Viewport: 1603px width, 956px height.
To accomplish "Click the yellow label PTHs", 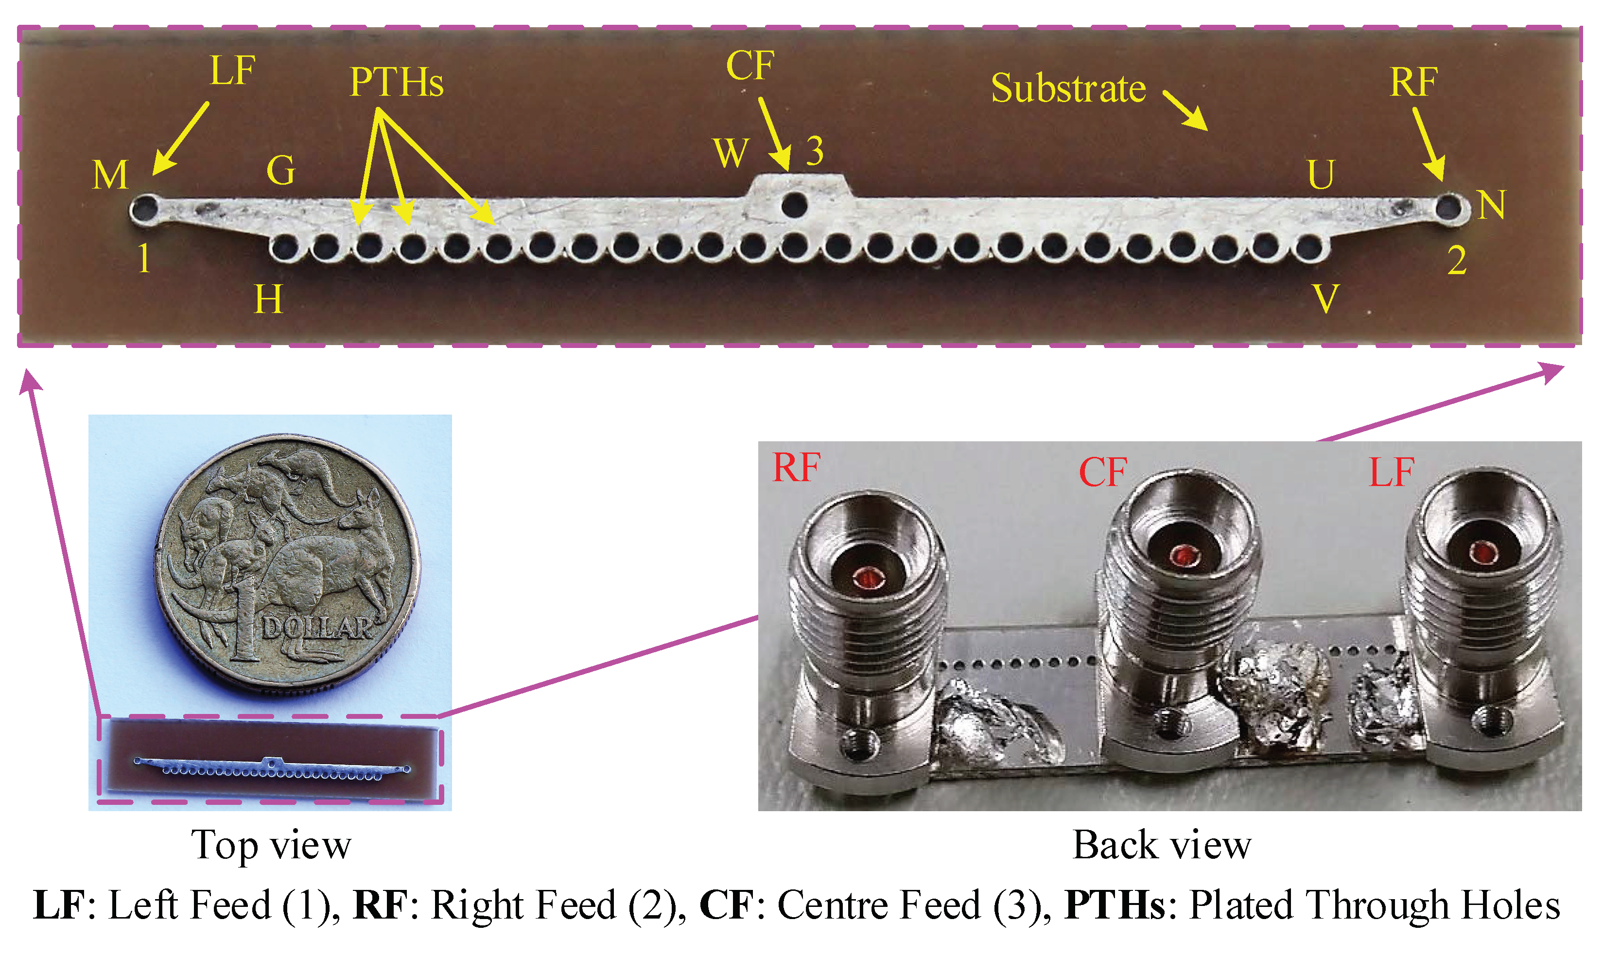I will [396, 83].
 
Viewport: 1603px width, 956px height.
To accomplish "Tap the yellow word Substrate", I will [1068, 88].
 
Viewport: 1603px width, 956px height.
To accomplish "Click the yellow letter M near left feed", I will [110, 175].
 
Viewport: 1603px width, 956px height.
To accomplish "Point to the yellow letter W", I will [731, 153].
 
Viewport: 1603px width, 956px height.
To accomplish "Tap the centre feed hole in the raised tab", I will [794, 206].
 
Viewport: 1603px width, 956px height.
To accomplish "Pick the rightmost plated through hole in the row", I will [1308, 247].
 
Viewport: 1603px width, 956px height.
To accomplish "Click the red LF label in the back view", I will [1391, 472].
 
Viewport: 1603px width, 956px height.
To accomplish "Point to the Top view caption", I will [271, 845].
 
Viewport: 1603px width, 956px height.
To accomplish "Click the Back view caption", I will [1161, 845].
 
